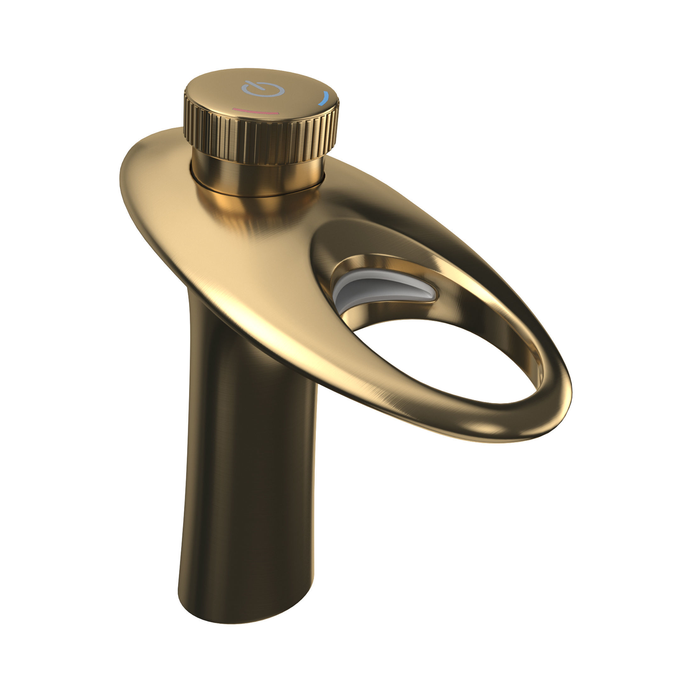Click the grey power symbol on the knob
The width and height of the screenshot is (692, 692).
click(x=263, y=90)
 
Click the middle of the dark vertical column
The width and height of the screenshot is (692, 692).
click(x=251, y=466)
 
